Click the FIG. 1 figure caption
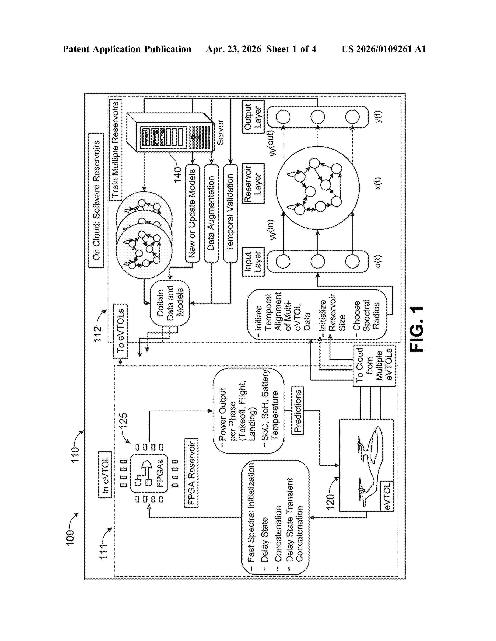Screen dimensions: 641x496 417,329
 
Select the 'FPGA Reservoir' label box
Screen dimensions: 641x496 191,473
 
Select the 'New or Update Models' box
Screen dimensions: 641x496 192,213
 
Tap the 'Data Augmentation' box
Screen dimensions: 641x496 211,213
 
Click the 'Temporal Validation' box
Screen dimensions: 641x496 230,213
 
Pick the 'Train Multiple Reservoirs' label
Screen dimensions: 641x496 116,150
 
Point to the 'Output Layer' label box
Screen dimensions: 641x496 253,117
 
